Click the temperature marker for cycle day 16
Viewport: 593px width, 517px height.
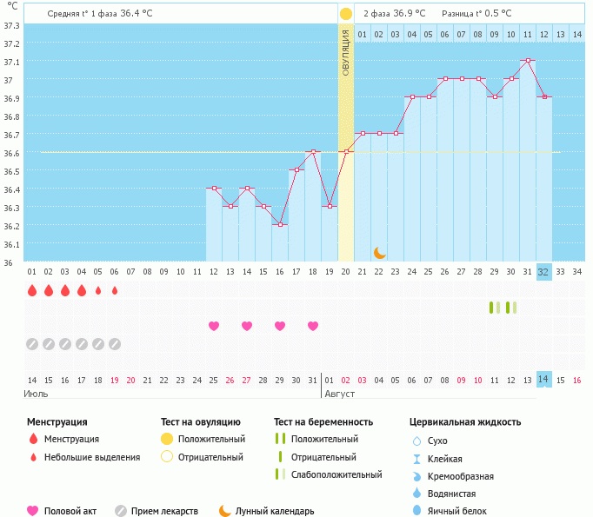pyautogui.click(x=280, y=225)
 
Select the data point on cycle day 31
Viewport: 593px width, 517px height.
pyautogui.click(x=528, y=61)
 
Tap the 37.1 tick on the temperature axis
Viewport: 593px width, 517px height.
pyautogui.click(x=12, y=62)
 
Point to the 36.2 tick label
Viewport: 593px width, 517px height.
pyautogui.click(x=12, y=225)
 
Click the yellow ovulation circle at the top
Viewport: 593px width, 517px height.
pyautogui.click(x=346, y=14)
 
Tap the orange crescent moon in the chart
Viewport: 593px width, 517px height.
pyautogui.click(x=379, y=252)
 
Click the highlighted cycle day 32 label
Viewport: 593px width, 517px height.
pyautogui.click(x=544, y=271)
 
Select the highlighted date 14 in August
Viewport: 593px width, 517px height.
pyautogui.click(x=544, y=380)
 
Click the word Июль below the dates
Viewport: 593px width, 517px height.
pyautogui.click(x=36, y=394)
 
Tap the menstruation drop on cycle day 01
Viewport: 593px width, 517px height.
pyautogui.click(x=32, y=290)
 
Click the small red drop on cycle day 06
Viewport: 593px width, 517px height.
pyautogui.click(x=115, y=290)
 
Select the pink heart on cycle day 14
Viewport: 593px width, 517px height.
pyautogui.click(x=247, y=326)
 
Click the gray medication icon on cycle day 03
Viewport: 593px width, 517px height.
pyautogui.click(x=65, y=344)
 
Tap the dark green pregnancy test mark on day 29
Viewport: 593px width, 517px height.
pyautogui.click(x=491, y=307)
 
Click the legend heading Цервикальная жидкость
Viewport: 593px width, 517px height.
pyautogui.click(x=465, y=422)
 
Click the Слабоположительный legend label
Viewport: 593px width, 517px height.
pyautogui.click(x=336, y=474)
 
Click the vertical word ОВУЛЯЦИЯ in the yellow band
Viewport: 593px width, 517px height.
pyautogui.click(x=346, y=51)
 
